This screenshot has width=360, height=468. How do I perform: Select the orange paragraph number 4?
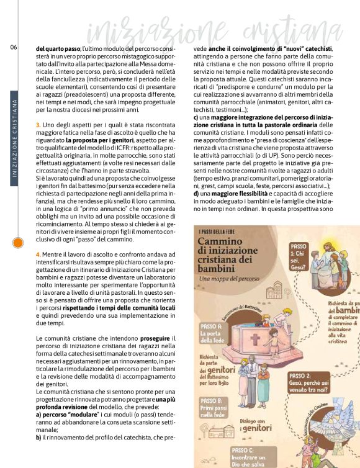(38, 254)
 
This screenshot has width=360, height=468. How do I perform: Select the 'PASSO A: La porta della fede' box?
(217, 332)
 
